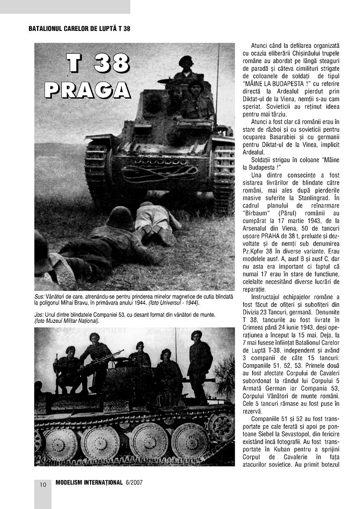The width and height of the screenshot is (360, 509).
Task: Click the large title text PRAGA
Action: click(88, 90)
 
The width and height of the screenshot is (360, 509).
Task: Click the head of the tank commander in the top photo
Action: click(186, 62)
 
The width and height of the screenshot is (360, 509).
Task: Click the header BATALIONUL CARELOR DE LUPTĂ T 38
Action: click(79, 29)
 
